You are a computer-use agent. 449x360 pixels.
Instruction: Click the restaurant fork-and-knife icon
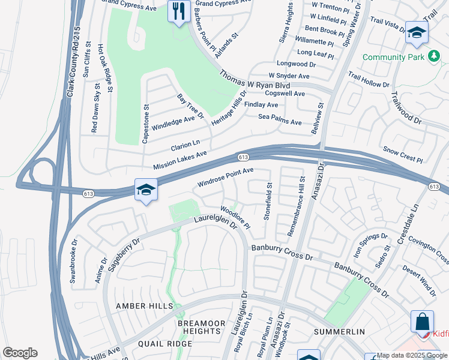coord(179,11)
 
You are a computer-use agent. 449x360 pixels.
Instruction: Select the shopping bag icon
coord(422,321)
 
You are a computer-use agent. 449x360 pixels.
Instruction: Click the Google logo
coord(20,353)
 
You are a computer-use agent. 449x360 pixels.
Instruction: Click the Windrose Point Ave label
coord(226,176)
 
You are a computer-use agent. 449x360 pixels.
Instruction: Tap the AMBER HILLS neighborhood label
coord(141,306)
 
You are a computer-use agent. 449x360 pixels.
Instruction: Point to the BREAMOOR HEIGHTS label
coord(201,327)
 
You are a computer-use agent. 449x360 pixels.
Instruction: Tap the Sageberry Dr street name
coord(122,254)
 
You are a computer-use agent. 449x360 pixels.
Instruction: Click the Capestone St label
coord(145,124)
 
